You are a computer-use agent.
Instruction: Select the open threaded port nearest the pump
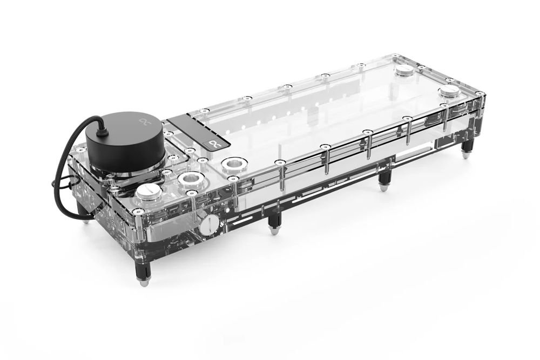pos(190,179)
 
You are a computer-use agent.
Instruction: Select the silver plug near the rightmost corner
pos(449,91)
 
